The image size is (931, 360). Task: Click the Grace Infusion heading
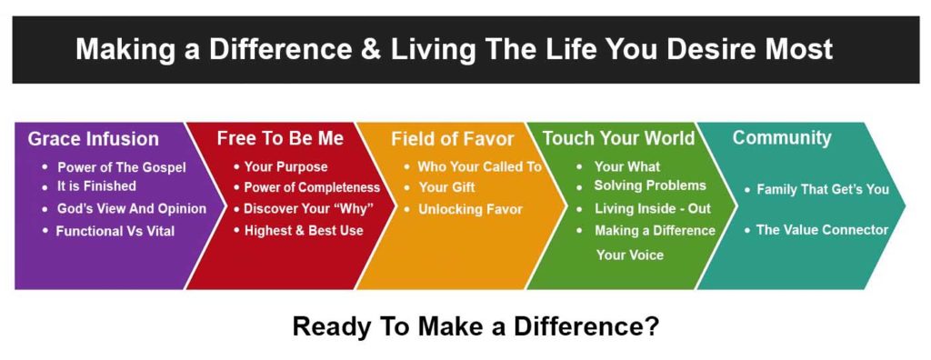coord(94,139)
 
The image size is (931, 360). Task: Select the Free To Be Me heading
coord(280,138)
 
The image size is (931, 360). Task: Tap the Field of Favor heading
coord(453,139)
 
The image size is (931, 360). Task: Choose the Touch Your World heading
coord(618,138)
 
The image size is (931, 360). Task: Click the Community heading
coord(782,138)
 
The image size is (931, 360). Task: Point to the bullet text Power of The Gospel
coord(122,167)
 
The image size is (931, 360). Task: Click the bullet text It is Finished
coord(96,186)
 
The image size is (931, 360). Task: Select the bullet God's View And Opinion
coord(132,209)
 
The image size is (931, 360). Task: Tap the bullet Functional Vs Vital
coord(115,231)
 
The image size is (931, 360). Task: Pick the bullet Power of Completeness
coord(312,187)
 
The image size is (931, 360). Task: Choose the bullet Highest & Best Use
coord(304,231)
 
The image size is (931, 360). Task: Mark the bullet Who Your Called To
coord(480,167)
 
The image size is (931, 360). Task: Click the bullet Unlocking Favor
coord(470,209)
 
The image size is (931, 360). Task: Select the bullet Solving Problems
coord(650,185)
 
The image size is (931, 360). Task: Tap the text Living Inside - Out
coord(653,208)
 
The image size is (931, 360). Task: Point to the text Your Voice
coord(630,255)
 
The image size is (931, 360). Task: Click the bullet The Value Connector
coord(822,230)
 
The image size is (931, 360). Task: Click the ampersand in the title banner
coord(372,50)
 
